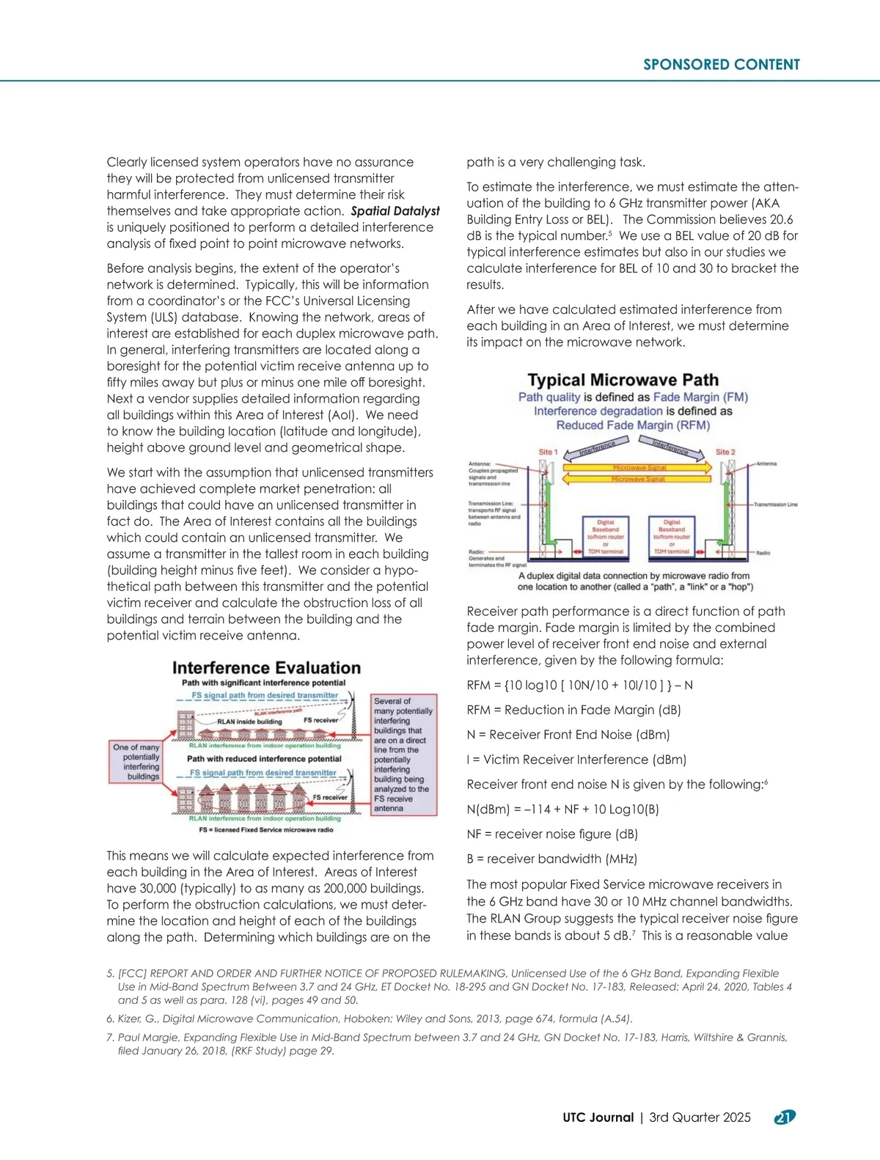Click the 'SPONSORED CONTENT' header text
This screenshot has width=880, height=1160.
[x=722, y=65]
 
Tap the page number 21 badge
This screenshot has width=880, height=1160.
[x=785, y=1117]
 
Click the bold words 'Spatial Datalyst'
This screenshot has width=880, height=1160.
[x=395, y=211]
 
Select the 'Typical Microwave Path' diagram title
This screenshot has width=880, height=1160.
[x=623, y=380]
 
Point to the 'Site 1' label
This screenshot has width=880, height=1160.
[x=548, y=452]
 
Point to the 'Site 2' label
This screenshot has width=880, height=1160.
[x=725, y=452]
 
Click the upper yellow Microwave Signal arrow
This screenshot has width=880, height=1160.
[x=638, y=467]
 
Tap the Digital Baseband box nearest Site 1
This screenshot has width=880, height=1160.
[x=605, y=537]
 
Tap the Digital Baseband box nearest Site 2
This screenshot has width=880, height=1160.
[x=672, y=537]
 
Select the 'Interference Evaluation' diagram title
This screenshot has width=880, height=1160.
[x=266, y=668]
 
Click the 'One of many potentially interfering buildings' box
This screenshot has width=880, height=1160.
[x=136, y=761]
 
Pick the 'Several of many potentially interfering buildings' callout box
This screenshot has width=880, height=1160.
[x=405, y=755]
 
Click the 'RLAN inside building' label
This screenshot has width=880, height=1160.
[x=249, y=722]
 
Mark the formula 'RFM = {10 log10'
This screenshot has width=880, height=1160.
[x=579, y=685]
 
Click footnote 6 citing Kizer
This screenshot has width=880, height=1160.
[x=370, y=1018]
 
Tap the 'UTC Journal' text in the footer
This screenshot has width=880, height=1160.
[x=598, y=1117]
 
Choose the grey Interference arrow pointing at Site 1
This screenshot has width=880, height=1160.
[x=596, y=447]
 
